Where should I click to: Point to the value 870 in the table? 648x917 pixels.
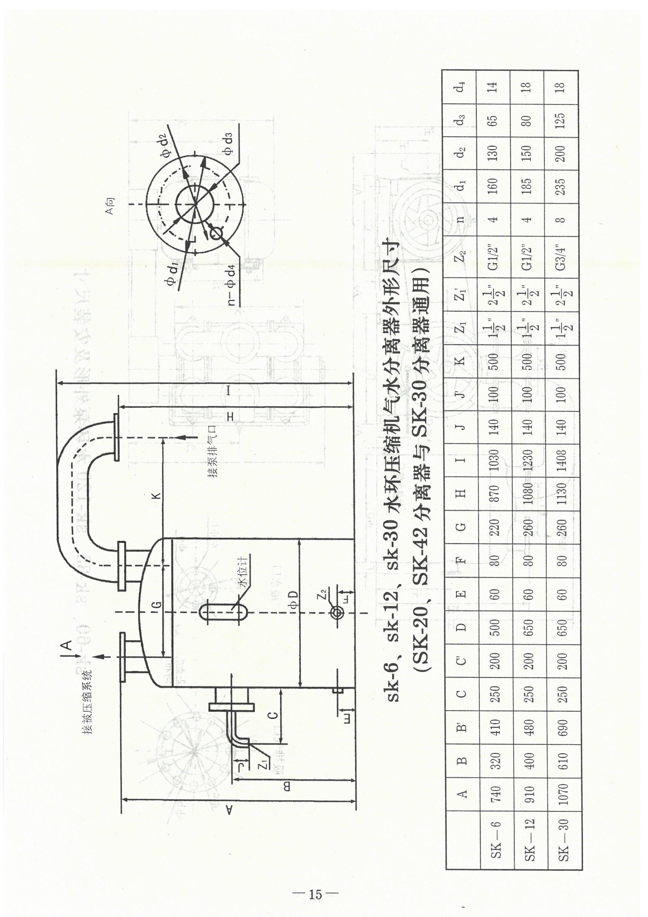pos(493,494)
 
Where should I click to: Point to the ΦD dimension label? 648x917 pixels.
pos(294,596)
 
